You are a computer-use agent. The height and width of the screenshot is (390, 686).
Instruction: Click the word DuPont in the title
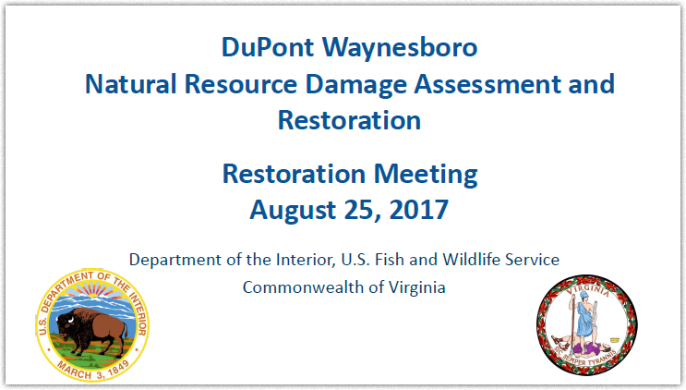tap(268, 47)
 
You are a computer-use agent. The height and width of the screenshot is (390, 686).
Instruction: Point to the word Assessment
tap(487, 83)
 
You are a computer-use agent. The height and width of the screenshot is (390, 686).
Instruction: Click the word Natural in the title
tap(130, 83)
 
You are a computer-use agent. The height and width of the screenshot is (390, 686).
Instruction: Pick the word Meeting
tap(426, 176)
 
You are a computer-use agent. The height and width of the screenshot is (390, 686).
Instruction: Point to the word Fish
tap(391, 259)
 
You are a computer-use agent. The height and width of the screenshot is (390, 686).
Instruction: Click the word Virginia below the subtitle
tap(417, 287)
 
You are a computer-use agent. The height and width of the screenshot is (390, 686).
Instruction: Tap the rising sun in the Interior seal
tap(96, 290)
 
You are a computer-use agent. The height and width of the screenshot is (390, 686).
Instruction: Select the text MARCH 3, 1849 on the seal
tap(92, 370)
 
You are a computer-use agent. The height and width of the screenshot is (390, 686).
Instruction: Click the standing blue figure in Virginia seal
tap(584, 320)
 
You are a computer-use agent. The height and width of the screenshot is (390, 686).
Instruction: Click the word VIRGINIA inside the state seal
tap(587, 290)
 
